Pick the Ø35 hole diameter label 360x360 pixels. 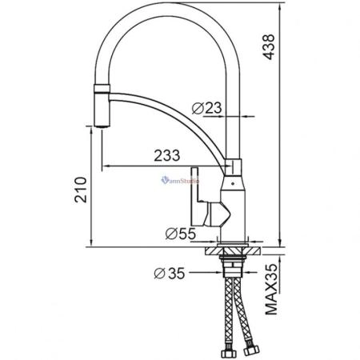point(169,274)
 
